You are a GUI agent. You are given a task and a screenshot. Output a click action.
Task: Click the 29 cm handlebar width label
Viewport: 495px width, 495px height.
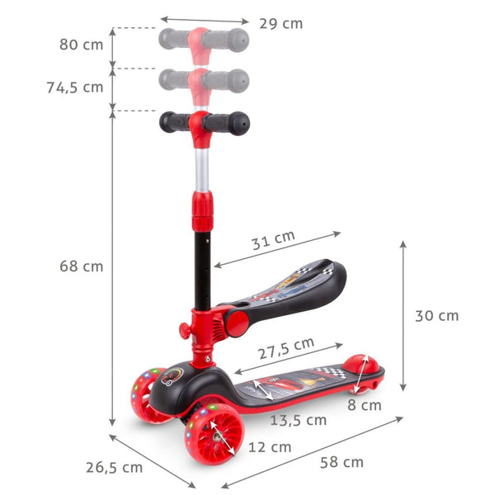[x=280, y=23]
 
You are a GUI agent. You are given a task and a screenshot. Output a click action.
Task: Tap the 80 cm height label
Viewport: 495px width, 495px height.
[x=81, y=45]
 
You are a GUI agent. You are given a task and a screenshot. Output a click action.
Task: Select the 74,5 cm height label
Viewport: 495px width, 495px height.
[x=75, y=86]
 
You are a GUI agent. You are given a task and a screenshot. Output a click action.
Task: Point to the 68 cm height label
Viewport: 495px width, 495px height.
[x=81, y=266]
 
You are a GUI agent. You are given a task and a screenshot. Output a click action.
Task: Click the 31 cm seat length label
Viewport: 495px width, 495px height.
[x=273, y=239]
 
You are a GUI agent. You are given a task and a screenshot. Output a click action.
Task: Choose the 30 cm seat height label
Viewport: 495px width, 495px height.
[x=436, y=315]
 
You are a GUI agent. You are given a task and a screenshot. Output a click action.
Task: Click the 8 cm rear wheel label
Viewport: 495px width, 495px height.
[x=364, y=405]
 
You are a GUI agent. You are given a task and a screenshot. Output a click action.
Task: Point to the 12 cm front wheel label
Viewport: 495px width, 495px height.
[x=270, y=447]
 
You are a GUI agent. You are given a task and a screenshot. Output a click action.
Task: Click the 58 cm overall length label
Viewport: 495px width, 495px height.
[x=341, y=462]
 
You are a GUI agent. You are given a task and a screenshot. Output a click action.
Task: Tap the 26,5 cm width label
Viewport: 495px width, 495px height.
[x=115, y=468]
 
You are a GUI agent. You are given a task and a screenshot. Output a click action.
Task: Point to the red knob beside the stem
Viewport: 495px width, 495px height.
[x=185, y=330]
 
